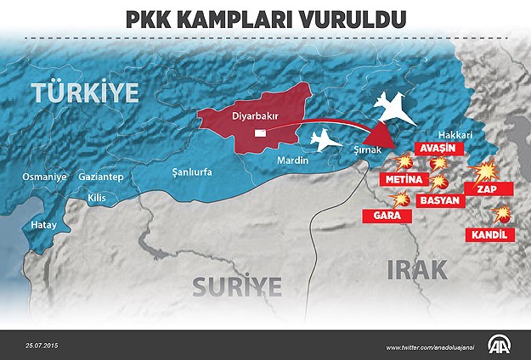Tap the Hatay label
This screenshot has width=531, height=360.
coord(43,226)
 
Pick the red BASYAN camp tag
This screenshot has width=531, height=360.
coord(440,201)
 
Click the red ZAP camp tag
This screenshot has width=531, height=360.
coord(487,189)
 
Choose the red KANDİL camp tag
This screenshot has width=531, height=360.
coord(491,233)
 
